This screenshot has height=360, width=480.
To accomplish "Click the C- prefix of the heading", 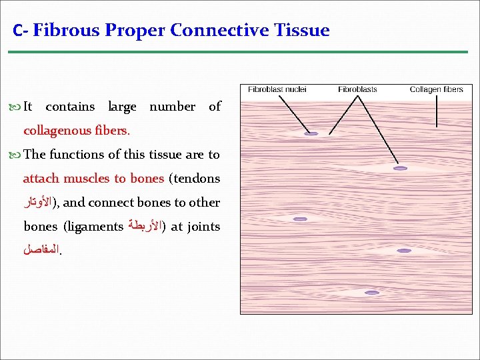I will coord(20,31).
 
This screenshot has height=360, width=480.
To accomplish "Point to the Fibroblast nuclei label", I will coord(277,89).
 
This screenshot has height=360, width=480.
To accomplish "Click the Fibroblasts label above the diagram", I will coord(357,89).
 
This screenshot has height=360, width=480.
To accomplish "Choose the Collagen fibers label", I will coord(436,89).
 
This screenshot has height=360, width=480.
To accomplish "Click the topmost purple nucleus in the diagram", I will coord(311,134).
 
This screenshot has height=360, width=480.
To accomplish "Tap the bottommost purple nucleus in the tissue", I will coord(372,293).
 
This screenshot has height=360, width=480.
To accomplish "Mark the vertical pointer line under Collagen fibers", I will coord(437,111).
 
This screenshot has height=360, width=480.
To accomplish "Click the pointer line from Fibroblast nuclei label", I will coord(293,114).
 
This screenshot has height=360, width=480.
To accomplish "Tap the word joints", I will coord(203,227).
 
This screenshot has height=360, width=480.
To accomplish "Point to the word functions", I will coord(76,155).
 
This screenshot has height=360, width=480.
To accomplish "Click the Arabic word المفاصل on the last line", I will coord(41,251).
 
